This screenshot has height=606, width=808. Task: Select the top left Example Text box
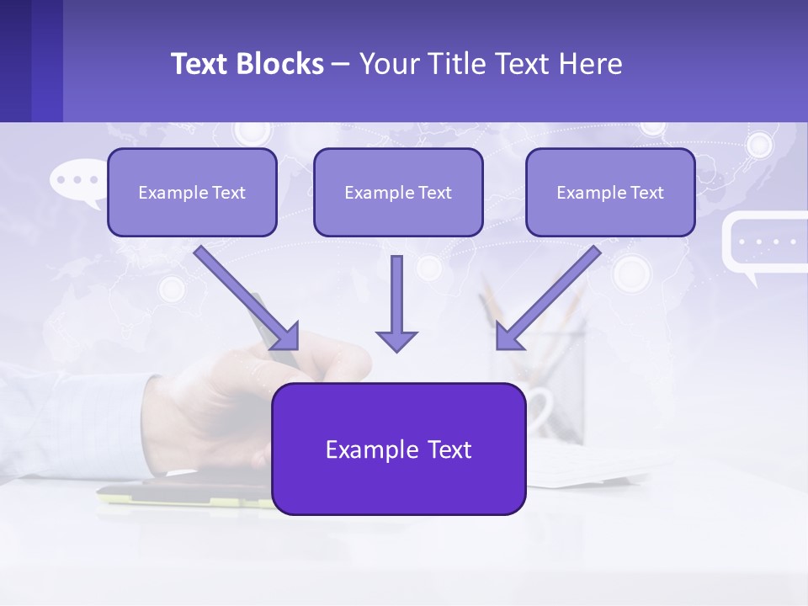click(192, 192)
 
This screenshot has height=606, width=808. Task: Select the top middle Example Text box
click(398, 192)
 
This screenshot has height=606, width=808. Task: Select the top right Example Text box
click(610, 192)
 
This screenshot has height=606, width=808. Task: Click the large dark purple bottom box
click(398, 449)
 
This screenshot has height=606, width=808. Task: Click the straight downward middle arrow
click(396, 303)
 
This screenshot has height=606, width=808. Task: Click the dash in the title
click(341, 65)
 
